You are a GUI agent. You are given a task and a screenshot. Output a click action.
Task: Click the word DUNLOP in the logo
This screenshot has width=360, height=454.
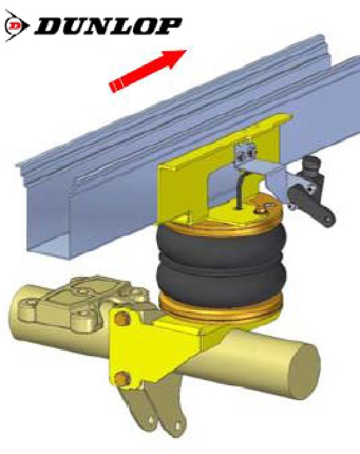click(x=108, y=27)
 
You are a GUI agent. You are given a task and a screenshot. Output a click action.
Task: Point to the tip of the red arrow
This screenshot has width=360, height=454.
click(x=186, y=51)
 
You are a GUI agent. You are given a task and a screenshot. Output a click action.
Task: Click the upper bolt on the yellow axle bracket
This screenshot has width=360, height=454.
click(x=121, y=318)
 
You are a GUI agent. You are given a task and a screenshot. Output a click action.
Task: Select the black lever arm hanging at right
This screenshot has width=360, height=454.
click(x=313, y=205)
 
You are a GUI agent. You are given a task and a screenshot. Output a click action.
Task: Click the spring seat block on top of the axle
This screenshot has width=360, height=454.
click(x=84, y=304)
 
